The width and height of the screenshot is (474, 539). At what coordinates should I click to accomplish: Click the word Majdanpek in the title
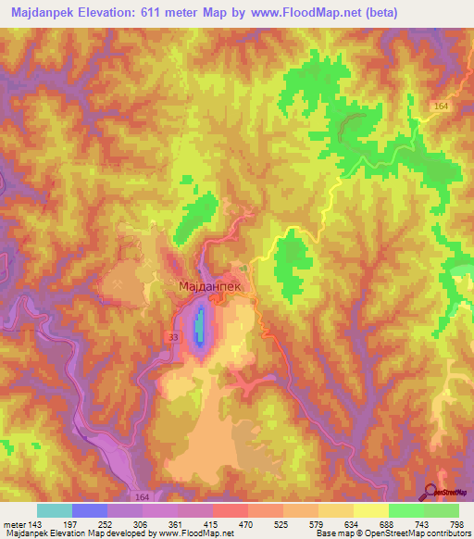pos(47,12)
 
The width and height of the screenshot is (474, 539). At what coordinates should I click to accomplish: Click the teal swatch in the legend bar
pos(55,510)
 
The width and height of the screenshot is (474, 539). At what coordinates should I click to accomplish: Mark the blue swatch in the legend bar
pos(90,510)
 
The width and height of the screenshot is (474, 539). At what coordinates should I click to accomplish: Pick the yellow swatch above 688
pos(370,510)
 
